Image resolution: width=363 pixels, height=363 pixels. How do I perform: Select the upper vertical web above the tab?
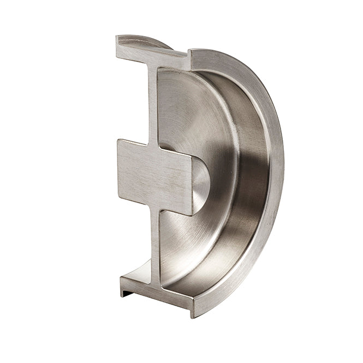152,104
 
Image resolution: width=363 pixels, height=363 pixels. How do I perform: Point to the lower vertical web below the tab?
154,246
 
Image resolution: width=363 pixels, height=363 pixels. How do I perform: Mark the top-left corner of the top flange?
117,38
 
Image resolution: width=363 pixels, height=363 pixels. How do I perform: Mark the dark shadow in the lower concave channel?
240,257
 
